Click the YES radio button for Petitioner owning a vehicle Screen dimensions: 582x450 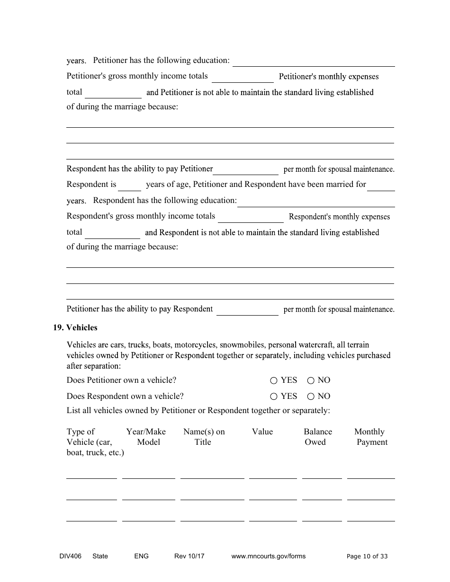pyautogui.click(x=274, y=380)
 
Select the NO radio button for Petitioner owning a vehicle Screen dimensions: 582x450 pyautogui.click(x=311, y=380)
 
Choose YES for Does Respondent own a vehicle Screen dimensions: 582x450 pyautogui.click(x=274, y=397)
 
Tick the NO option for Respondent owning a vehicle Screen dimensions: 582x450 pyautogui.click(x=311, y=397)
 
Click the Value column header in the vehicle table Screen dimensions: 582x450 pyautogui.click(x=262, y=432)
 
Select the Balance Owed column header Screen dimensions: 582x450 pyautogui.click(x=317, y=437)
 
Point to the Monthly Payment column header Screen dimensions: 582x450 pyautogui.click(x=370, y=437)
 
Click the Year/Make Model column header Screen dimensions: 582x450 pyautogui.click(x=146, y=437)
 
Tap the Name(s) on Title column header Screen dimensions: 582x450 pyautogui.click(x=204, y=437)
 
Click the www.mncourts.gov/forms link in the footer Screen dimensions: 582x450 pyautogui.click(x=268, y=556)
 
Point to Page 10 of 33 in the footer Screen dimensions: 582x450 pyautogui.click(x=367, y=556)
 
